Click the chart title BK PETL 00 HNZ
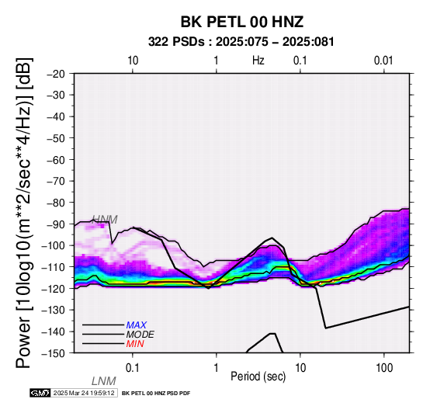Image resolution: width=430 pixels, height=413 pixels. point(242,22)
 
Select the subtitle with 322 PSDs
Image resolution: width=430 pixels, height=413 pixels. point(241,42)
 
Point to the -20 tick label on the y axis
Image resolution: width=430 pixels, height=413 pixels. point(56,74)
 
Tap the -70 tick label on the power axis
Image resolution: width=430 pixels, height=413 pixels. point(56,181)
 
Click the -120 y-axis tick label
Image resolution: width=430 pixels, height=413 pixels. point(54,289)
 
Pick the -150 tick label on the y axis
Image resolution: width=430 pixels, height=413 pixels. point(54,353)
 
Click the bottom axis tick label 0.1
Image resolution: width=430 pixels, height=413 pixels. point(133,368)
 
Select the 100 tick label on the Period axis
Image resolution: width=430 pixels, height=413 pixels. point(384,368)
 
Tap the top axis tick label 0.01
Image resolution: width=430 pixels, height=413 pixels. point(383,61)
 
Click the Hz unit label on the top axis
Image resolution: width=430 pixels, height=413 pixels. point(258,61)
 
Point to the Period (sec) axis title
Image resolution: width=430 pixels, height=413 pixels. point(258,377)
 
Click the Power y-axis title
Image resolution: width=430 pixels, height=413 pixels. point(24,213)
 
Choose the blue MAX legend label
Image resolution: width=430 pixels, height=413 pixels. point(137,325)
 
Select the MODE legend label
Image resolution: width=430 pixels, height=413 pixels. point(140,335)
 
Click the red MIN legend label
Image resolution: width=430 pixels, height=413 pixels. point(135,344)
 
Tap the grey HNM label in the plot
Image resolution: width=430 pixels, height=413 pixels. point(105,220)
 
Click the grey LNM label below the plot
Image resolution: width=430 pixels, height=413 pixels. point(104,381)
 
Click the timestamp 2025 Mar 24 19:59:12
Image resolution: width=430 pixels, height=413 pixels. point(84,393)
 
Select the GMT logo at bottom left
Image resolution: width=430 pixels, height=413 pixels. point(40,393)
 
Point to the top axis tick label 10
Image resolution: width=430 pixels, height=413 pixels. point(133,61)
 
